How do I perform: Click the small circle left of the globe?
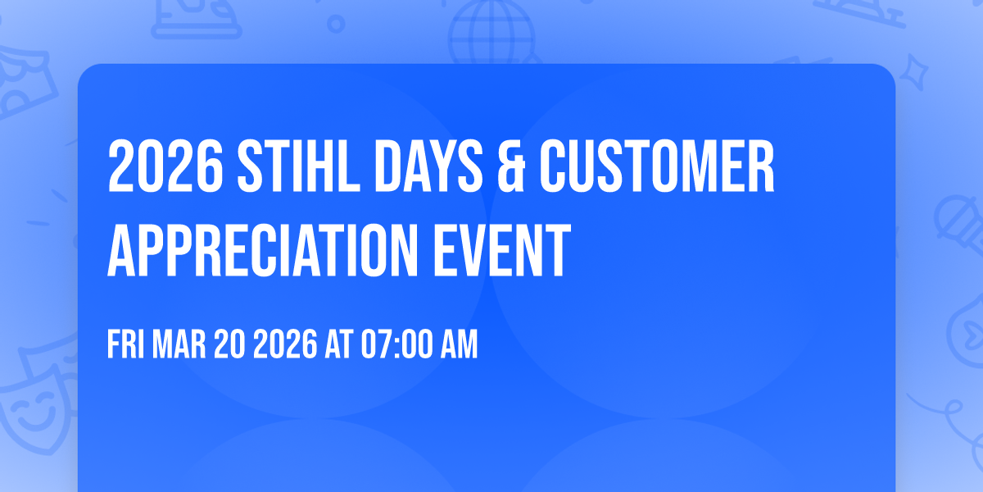click(335, 25)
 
